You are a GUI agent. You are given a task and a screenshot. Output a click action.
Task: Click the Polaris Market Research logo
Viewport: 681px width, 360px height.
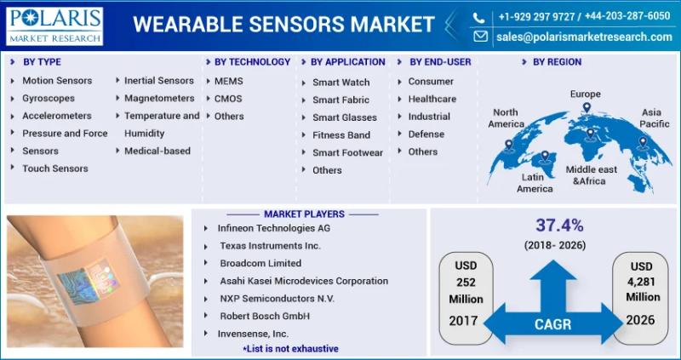point(54,26)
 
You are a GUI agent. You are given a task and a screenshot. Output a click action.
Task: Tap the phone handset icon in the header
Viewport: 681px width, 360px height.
point(478,17)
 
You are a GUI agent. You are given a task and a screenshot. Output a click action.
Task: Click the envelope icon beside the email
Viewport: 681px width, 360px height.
point(480,37)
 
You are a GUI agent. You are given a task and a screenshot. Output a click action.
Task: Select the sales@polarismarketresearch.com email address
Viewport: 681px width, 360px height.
point(584,37)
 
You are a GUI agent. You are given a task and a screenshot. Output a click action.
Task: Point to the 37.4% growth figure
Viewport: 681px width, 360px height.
point(559,226)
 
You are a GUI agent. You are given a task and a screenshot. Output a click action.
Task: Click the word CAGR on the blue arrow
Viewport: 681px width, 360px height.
point(552,324)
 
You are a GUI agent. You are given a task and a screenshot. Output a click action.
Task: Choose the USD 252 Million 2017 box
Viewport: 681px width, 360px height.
point(466,299)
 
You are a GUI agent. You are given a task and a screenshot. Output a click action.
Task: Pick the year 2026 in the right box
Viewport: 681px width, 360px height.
point(640,320)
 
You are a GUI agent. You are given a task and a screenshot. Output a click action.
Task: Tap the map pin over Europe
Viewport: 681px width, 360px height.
point(587,108)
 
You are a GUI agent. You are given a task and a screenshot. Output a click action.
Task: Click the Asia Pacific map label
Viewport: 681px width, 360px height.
point(651,118)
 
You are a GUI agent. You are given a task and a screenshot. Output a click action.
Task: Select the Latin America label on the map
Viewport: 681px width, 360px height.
point(535,183)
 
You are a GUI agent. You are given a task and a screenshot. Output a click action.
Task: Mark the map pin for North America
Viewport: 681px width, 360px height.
point(508,145)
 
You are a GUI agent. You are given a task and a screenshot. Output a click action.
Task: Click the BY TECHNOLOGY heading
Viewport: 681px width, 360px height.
point(252,62)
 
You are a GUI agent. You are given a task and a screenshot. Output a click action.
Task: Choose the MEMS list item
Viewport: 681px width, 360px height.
point(228,81)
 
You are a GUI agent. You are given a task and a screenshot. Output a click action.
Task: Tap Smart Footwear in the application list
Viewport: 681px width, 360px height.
point(347,153)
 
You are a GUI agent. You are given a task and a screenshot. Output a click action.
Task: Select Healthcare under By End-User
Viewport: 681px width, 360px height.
point(432,99)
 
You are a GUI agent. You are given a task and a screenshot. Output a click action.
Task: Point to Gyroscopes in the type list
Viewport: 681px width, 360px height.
point(49,99)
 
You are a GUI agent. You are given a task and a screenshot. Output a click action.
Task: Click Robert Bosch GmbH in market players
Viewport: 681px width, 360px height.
point(265,316)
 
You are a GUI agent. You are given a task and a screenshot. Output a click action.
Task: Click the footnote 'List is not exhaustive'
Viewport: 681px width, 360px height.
point(290,349)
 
